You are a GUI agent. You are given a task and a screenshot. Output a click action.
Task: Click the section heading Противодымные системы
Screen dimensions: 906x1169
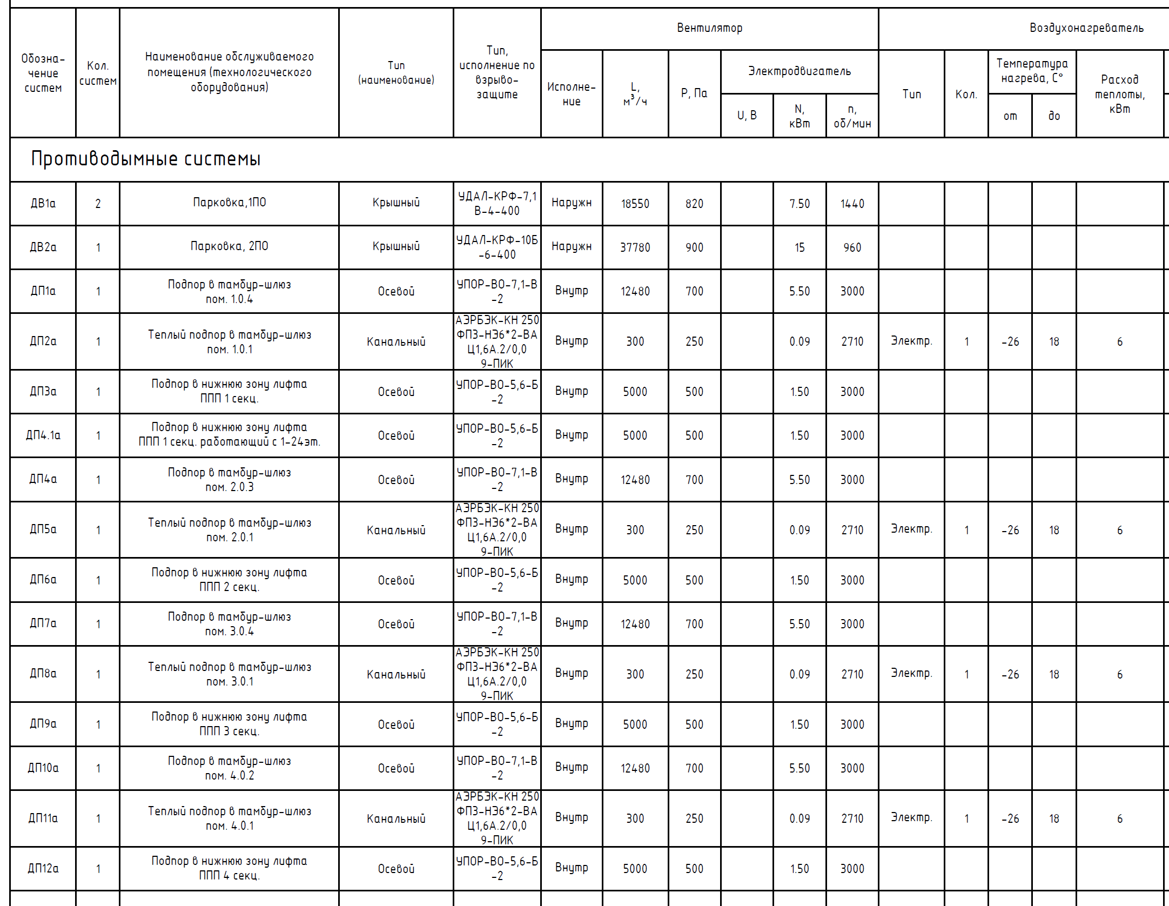point(146,159)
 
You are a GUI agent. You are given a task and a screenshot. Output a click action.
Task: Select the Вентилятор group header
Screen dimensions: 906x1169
point(709,28)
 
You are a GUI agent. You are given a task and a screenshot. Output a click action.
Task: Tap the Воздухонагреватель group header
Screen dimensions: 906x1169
point(1086,28)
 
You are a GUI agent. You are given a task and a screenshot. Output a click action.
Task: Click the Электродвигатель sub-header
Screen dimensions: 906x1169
point(799,71)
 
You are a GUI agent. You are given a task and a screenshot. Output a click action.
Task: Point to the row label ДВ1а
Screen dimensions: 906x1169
point(43,204)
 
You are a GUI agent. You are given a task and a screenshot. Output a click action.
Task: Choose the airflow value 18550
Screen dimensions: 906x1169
point(635,204)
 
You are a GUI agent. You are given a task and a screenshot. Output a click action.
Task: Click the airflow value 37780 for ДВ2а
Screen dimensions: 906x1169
point(635,247)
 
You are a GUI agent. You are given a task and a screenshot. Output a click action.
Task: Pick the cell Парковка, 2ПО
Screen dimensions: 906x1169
point(229,246)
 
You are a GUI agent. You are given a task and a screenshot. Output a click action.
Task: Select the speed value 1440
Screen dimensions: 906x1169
point(852,204)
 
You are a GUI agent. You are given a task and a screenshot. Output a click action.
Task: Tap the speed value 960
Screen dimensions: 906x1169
point(852,247)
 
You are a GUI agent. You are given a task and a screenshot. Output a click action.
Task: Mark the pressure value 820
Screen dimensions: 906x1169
point(694,204)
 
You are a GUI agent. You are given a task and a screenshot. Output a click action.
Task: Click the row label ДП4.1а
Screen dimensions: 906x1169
point(43,435)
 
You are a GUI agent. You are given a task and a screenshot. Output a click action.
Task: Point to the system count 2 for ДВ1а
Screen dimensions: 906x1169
point(98,204)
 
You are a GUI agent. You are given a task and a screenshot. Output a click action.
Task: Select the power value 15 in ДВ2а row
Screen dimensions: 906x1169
point(800,247)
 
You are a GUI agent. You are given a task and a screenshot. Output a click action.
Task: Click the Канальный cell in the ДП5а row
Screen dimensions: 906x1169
point(396,530)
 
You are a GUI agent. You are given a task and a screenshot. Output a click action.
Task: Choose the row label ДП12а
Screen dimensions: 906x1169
point(43,869)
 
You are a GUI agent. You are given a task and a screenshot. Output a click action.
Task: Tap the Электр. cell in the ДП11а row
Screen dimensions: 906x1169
point(911,818)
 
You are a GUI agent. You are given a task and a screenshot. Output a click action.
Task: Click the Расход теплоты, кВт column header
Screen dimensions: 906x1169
point(1119,94)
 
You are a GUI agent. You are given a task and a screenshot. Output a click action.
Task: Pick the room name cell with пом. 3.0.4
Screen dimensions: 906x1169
point(229,624)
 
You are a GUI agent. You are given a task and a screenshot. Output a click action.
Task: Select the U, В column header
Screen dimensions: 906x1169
point(747,116)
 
